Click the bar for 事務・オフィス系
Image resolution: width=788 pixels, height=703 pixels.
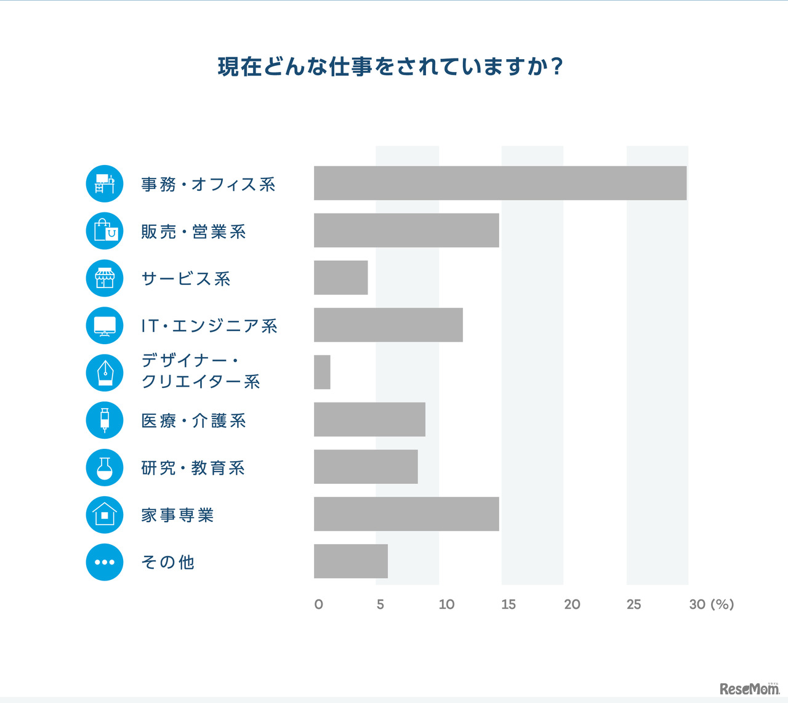click(x=500, y=183)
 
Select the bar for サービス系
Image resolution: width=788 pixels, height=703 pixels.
click(x=340, y=278)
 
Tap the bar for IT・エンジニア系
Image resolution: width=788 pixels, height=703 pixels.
click(x=388, y=325)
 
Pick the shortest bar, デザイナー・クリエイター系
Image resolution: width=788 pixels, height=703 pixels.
click(x=322, y=372)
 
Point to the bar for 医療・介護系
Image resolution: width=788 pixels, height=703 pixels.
click(x=369, y=420)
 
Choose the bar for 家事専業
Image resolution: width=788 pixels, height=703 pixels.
click(x=406, y=514)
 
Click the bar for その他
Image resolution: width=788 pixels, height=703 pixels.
click(x=351, y=561)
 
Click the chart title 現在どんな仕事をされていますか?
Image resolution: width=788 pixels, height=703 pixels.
click(x=390, y=66)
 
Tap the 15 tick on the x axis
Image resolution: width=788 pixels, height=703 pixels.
click(x=508, y=605)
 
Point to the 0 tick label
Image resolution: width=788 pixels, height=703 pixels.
click(x=318, y=605)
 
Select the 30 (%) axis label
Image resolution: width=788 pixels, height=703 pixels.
click(x=711, y=605)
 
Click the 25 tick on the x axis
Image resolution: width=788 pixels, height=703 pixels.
click(x=633, y=605)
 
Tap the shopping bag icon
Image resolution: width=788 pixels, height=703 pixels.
click(x=105, y=231)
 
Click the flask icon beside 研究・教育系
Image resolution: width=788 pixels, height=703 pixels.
click(x=105, y=467)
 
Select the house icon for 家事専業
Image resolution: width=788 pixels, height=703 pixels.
click(x=105, y=515)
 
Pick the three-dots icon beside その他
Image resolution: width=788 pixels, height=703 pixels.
click(x=105, y=562)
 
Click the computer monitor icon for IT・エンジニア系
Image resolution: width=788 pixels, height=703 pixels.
click(x=105, y=326)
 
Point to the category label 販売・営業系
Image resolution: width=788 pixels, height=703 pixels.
click(x=193, y=231)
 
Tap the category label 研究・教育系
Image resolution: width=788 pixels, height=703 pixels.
click(x=193, y=468)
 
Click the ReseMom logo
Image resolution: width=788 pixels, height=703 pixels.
click(x=749, y=688)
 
